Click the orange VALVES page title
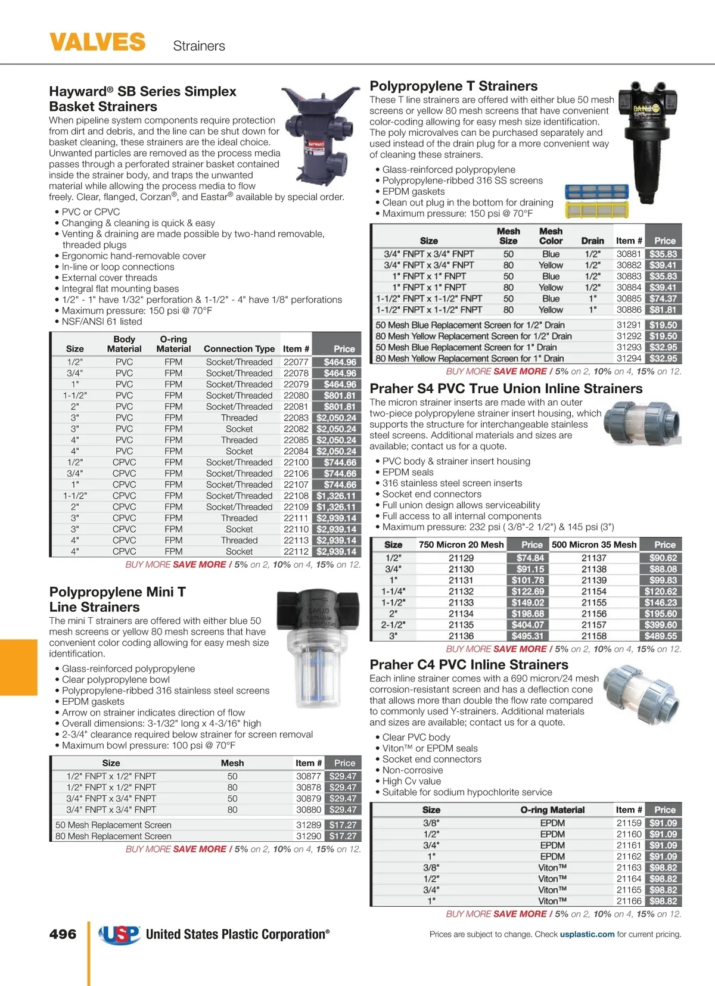[97, 42]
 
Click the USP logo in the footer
[119, 934]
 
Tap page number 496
[63, 934]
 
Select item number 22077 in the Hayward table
[296, 362]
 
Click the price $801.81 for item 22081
[340, 407]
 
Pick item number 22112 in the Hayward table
[296, 552]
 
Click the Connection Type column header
[239, 349]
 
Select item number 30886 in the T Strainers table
[629, 310]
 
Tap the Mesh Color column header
[551, 236]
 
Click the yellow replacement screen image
[596, 209]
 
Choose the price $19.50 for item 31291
[663, 325]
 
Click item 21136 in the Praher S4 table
[461, 636]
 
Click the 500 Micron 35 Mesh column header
[593, 545]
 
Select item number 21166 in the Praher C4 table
[629, 901]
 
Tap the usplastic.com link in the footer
[587, 934]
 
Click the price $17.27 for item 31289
[343, 825]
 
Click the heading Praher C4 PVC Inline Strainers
[469, 665]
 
